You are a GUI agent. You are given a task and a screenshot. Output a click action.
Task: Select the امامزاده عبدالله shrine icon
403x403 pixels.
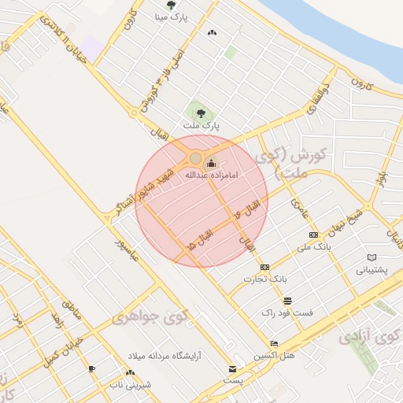pos(210,164)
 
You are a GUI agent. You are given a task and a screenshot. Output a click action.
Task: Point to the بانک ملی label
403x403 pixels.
pos(312,247)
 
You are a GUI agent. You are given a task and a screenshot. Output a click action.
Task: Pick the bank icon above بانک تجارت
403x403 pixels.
pos(264,267)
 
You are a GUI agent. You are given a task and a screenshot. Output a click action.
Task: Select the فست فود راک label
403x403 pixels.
pos(287,312)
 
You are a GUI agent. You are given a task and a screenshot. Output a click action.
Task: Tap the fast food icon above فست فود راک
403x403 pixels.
pos(287,301)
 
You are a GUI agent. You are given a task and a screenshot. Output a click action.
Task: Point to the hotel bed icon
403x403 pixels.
pos(274,343)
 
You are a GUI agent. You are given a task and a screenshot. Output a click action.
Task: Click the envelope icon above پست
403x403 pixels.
pos(231,369)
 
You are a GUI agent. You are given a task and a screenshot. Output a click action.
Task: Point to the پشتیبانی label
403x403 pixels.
pos(372,269)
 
